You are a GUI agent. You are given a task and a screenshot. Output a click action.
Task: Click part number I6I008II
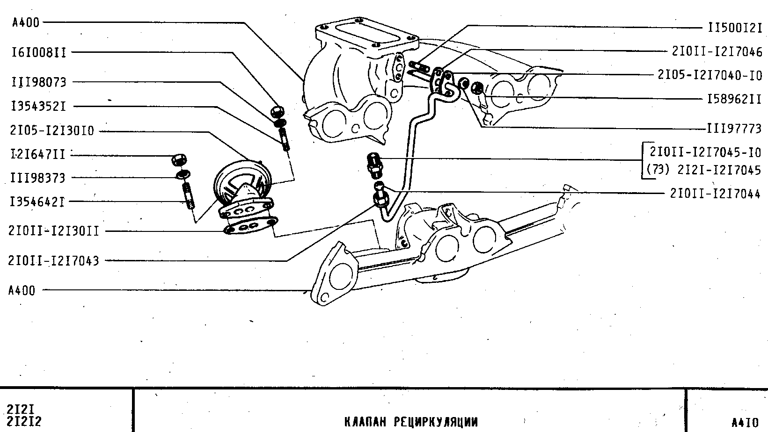[39, 52]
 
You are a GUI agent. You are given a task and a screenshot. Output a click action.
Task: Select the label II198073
[39, 82]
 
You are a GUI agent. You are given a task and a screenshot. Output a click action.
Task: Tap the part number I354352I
[39, 107]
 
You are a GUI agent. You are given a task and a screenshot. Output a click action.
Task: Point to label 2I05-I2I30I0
[52, 131]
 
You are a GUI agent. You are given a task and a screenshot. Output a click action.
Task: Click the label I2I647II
[38, 154]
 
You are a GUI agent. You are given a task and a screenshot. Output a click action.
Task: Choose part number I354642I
[38, 202]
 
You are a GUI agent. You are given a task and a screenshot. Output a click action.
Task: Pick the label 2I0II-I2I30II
[54, 231]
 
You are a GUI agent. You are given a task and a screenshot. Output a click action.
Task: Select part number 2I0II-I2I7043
[54, 260]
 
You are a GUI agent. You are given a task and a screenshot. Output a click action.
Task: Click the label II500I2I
[735, 28]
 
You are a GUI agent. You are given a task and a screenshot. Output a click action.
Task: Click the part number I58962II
[734, 99]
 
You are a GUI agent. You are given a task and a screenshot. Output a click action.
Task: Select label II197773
[734, 129]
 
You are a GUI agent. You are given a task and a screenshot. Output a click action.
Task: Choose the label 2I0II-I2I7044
[715, 194]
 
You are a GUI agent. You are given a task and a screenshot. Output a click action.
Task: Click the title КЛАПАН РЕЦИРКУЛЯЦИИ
[411, 422]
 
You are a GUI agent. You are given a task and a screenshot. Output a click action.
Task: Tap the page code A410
[745, 423]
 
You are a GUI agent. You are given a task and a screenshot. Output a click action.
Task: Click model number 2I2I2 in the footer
[24, 422]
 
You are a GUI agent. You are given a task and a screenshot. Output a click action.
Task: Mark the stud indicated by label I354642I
[189, 196]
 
